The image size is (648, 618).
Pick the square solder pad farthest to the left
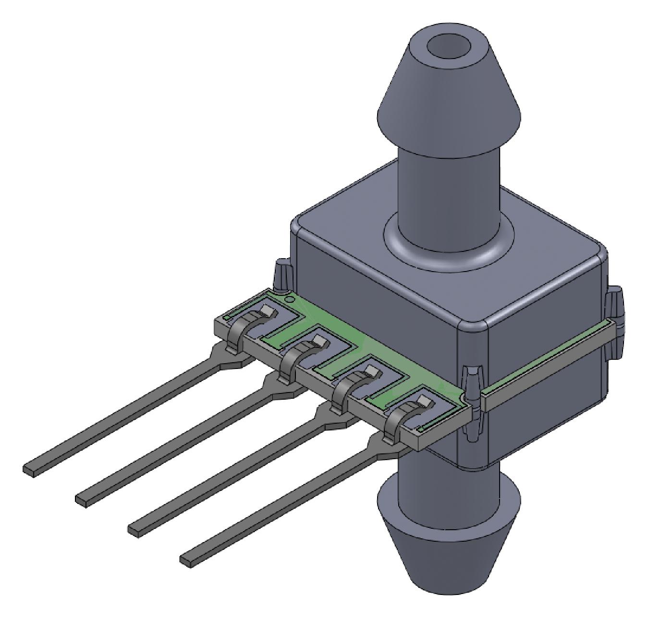pos(269,312)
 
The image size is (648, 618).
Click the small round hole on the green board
pos(288,299)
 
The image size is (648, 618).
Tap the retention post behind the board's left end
pos(281,275)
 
